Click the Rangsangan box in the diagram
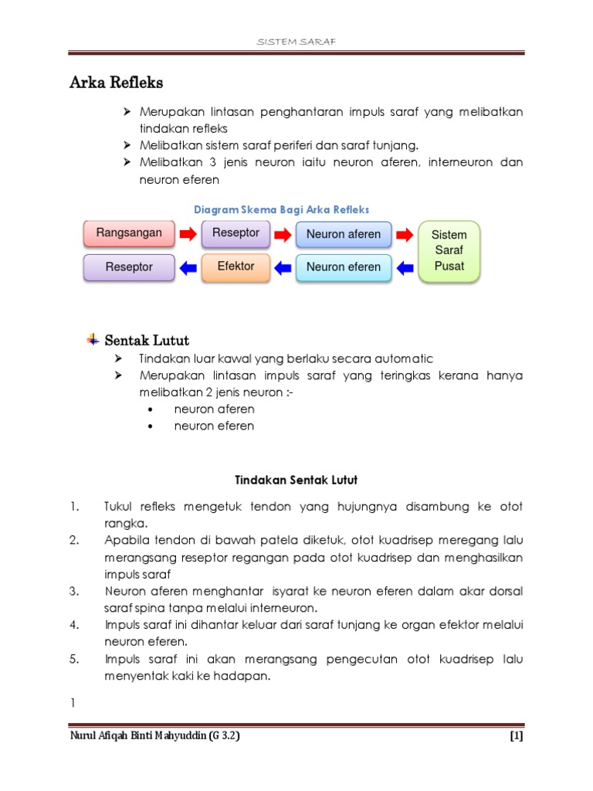pyautogui.click(x=129, y=233)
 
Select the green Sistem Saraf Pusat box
pyautogui.click(x=449, y=250)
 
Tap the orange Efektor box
pyautogui.click(x=236, y=266)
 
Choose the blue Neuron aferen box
pyautogui.click(x=344, y=234)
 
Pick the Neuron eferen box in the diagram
pyautogui.click(x=344, y=267)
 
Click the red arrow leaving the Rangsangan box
pyautogui.click(x=188, y=233)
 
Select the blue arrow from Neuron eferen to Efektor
pyautogui.click(x=283, y=267)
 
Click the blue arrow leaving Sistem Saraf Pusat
pyautogui.click(x=405, y=267)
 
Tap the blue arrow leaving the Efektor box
pyautogui.click(x=188, y=267)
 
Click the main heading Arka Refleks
pyautogui.click(x=117, y=82)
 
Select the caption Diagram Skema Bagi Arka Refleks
pyautogui.click(x=281, y=209)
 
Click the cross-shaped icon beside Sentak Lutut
pyautogui.click(x=93, y=340)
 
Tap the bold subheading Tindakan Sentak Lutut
pyautogui.click(x=296, y=480)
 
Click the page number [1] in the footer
pyautogui.click(x=517, y=736)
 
